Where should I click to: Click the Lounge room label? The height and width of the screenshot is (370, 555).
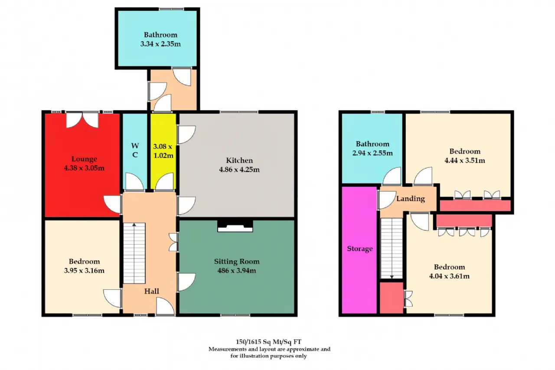pyautogui.click(x=84, y=159)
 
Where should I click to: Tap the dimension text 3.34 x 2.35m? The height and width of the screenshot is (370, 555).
pyautogui.click(x=160, y=44)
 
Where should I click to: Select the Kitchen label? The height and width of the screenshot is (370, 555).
pyautogui.click(x=239, y=160)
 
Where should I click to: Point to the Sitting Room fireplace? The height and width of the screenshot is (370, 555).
pyautogui.click(x=235, y=226)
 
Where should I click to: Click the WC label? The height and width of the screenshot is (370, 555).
pyautogui.click(x=135, y=150)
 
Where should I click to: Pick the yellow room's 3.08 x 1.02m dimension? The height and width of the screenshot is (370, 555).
pyautogui.click(x=163, y=151)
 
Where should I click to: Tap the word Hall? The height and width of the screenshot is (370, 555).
pyautogui.click(x=152, y=291)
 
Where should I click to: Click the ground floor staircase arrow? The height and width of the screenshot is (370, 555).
pyautogui.click(x=134, y=253)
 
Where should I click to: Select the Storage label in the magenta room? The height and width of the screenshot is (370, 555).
pyautogui.click(x=360, y=249)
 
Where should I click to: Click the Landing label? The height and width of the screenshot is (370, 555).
pyautogui.click(x=411, y=199)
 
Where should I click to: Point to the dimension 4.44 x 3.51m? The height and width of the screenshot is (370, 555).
pyautogui.click(x=465, y=160)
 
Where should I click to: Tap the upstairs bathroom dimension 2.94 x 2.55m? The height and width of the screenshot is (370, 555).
pyautogui.click(x=372, y=153)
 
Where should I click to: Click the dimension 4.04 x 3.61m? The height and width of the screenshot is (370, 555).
pyautogui.click(x=449, y=276)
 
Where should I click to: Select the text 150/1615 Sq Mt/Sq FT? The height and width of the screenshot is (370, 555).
pyautogui.click(x=268, y=342)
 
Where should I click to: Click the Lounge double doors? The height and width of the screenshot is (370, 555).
pyautogui.click(x=82, y=120)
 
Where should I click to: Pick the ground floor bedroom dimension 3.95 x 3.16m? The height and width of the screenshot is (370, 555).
pyautogui.click(x=84, y=271)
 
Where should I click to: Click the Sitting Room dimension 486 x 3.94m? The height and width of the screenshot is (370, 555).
pyautogui.click(x=237, y=271)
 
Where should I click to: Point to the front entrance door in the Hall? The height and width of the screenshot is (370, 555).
pyautogui.click(x=166, y=307)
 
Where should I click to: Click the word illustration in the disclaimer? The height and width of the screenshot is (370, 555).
pyautogui.click(x=255, y=356)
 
